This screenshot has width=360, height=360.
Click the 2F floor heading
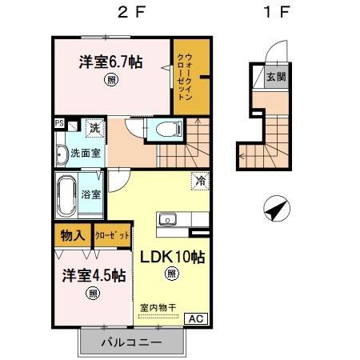(x=131, y=12)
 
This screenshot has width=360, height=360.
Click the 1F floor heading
(x=277, y=12)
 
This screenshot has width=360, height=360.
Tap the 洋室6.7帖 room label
(x=110, y=62)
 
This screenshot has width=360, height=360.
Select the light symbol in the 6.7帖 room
(x=111, y=80)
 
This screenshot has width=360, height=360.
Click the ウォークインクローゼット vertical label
(x=185, y=77)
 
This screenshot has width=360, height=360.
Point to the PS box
(x=59, y=123)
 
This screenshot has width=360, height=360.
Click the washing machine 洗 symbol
(x=95, y=128)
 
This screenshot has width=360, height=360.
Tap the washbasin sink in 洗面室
(x=61, y=154)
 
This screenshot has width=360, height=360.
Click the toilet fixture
(x=169, y=130)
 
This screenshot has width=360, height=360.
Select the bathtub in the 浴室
(x=66, y=196)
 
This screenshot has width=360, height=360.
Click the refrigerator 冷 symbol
(x=200, y=182)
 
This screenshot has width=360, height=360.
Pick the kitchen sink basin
(x=167, y=220)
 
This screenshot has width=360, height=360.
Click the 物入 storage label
(x=73, y=235)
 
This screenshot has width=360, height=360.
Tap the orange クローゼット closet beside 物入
(x=112, y=235)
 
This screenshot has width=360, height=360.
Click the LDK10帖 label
(x=173, y=257)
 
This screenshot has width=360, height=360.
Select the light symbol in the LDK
(x=172, y=274)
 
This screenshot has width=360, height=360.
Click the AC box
(x=196, y=318)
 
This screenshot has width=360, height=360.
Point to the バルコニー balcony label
(x=131, y=342)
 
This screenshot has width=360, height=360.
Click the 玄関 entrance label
(x=276, y=77)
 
